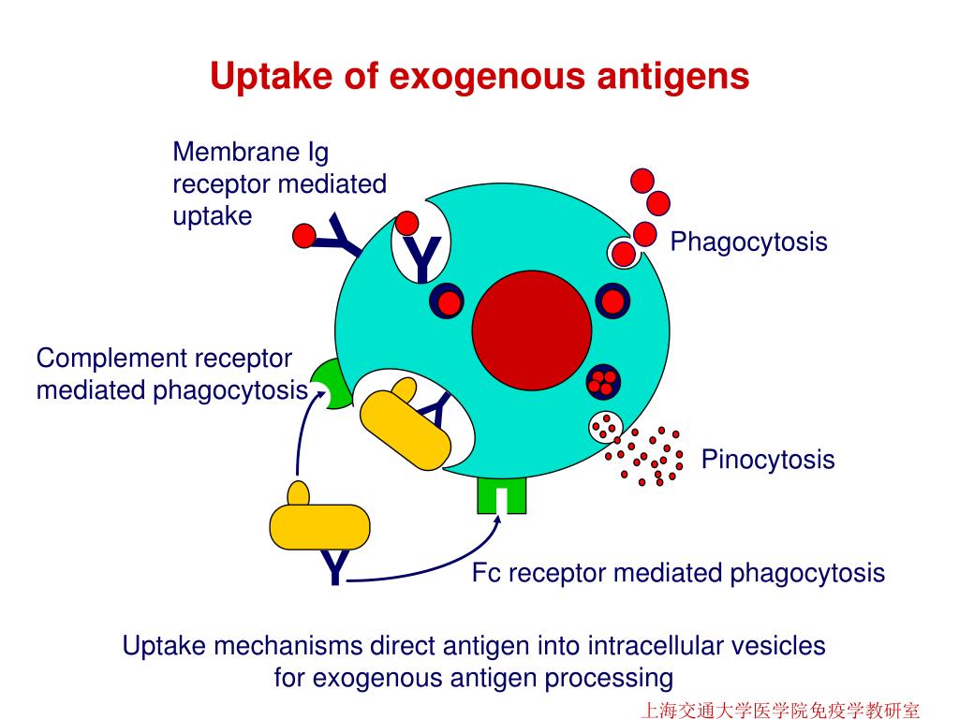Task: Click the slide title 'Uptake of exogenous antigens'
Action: point(479,76)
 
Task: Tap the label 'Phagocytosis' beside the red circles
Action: point(748,242)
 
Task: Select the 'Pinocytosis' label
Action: point(767,460)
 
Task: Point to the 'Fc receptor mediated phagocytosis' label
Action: point(678,572)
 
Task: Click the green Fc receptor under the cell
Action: point(501,496)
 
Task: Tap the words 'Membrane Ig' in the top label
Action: point(250,152)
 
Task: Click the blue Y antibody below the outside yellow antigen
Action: point(334,568)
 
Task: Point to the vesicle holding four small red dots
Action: point(604,381)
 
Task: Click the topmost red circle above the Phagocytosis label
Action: point(642,181)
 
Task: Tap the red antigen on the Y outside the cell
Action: point(303,236)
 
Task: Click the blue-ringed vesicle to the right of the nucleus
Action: point(612,301)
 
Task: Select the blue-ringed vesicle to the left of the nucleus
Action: point(449,301)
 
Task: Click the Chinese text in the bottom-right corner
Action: point(779,710)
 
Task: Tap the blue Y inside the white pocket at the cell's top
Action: point(422,257)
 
